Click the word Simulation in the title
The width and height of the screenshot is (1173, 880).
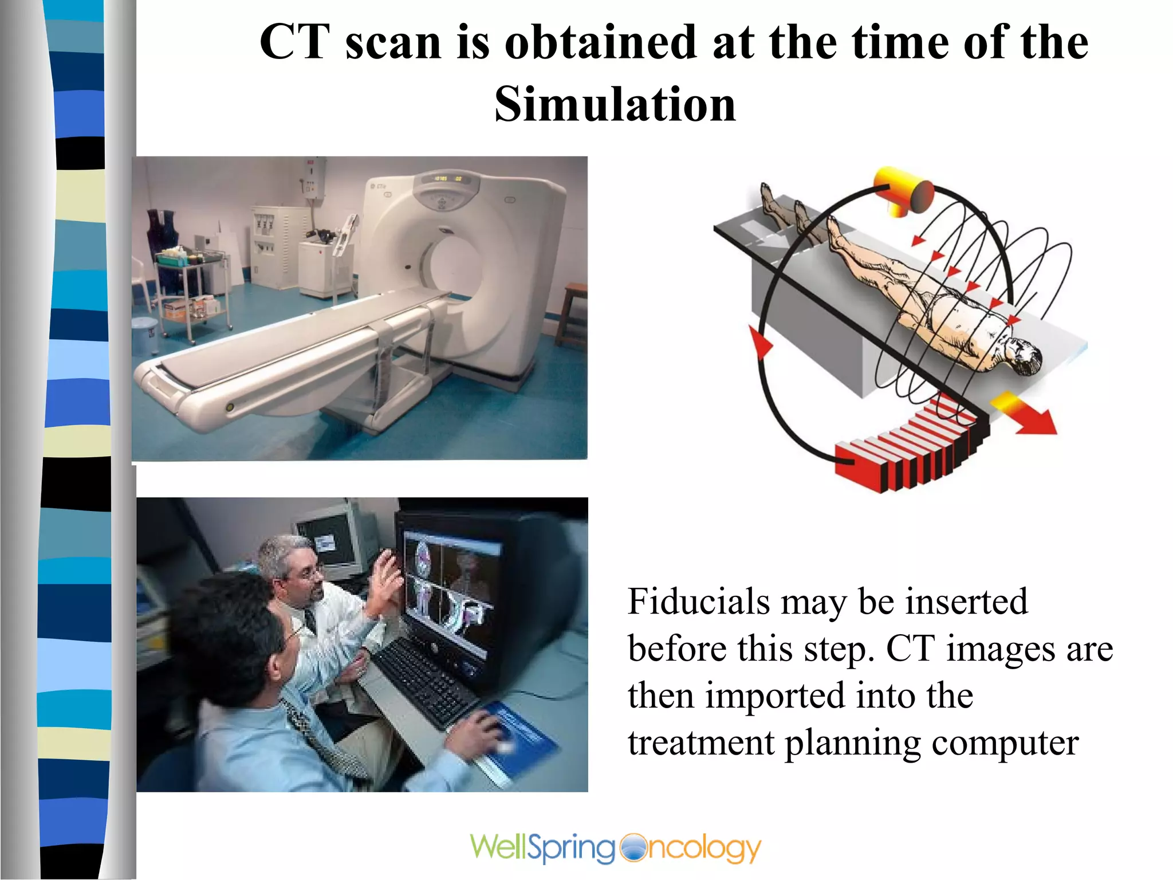[x=615, y=104]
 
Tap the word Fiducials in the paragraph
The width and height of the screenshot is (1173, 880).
[x=698, y=602]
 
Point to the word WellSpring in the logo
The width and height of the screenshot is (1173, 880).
[x=542, y=848]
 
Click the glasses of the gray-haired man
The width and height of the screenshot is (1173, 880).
[x=312, y=573]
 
